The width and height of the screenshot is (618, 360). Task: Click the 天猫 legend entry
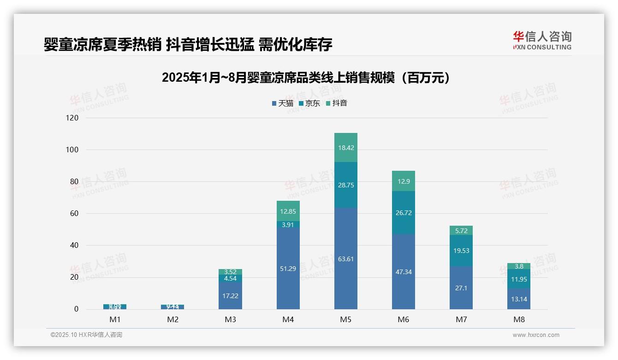pyautogui.click(x=282, y=103)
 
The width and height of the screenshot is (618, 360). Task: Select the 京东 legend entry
pyautogui.click(x=309, y=103)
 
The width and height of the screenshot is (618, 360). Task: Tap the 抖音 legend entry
pyautogui.click(x=336, y=103)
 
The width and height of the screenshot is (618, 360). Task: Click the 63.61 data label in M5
pyautogui.click(x=345, y=259)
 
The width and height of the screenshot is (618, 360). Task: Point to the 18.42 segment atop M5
pyautogui.click(x=345, y=148)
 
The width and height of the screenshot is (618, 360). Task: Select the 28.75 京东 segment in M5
pyautogui.click(x=345, y=185)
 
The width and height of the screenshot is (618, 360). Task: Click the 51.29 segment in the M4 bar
pyautogui.click(x=288, y=269)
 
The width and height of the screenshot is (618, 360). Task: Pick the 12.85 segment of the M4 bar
pyautogui.click(x=288, y=211)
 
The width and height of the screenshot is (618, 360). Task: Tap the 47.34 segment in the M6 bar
pyautogui.click(x=403, y=272)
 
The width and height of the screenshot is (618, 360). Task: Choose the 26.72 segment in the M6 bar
pyautogui.click(x=403, y=213)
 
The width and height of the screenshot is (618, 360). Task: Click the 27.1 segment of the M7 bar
pyautogui.click(x=461, y=288)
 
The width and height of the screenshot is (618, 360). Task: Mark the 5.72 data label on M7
pyautogui.click(x=461, y=231)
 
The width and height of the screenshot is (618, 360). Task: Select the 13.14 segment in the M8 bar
pyautogui.click(x=518, y=299)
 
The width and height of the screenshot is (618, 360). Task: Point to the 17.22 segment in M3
pyautogui.click(x=230, y=295)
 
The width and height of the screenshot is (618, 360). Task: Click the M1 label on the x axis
pyautogui.click(x=115, y=319)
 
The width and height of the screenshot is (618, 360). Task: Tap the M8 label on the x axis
pyautogui.click(x=518, y=319)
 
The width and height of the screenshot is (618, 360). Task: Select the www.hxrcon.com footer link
pyautogui.click(x=536, y=335)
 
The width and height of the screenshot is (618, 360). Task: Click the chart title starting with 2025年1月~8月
pyautogui.click(x=306, y=78)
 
